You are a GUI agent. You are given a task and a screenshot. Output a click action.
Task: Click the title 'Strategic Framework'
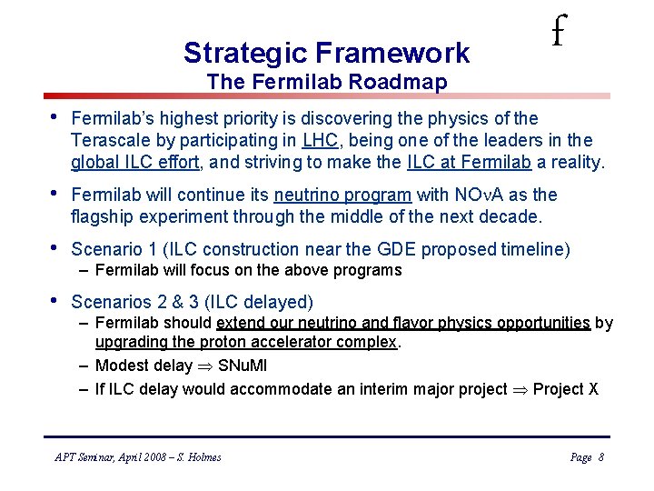click(326, 53)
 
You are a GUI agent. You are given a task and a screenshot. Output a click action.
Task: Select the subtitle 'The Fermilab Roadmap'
click(326, 83)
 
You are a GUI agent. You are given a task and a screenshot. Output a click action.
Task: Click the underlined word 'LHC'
click(320, 141)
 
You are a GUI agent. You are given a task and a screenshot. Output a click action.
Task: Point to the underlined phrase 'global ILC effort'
click(133, 163)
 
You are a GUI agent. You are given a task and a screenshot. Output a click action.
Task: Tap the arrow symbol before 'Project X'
click(520, 390)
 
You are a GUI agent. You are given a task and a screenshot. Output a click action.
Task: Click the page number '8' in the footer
click(600, 457)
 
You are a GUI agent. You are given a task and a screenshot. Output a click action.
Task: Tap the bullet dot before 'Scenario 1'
click(56, 248)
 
